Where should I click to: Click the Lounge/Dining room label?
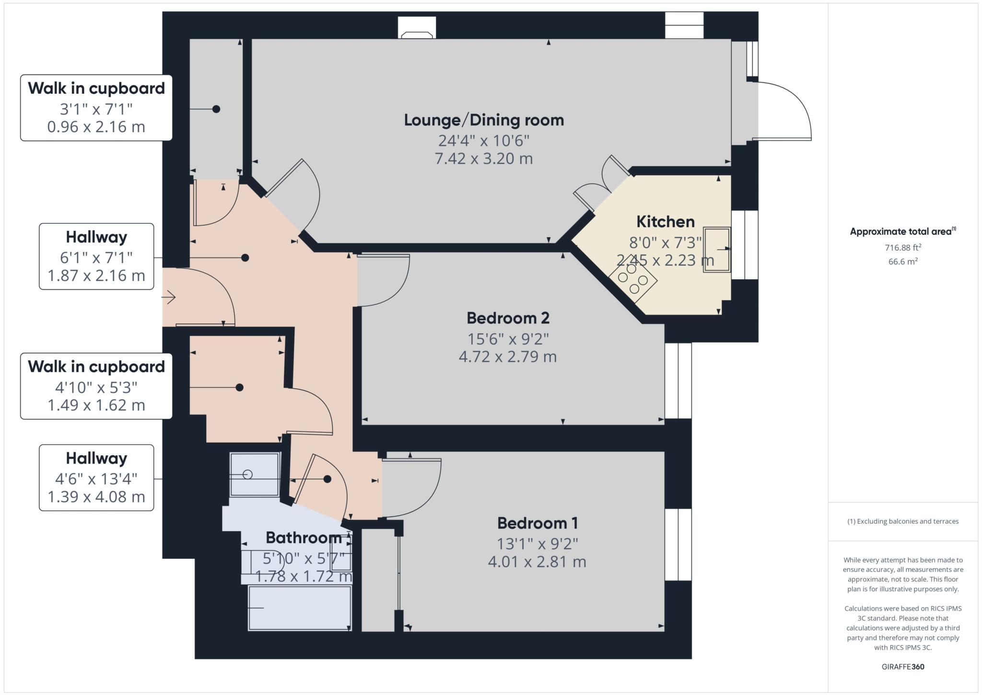pos(484,120)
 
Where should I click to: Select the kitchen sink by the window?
pos(717,250)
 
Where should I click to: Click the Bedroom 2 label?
pos(508,318)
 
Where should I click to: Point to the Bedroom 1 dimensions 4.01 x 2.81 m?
pos(537,562)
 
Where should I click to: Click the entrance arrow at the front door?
pos(169,298)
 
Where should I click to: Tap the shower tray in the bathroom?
pos(254,474)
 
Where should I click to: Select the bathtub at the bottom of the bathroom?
pos(300,608)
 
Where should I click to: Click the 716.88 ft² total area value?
pos(903,248)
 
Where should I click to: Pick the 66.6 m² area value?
pos(903,262)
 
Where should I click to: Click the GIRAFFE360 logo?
pos(903,667)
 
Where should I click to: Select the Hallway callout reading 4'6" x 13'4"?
pos(96,478)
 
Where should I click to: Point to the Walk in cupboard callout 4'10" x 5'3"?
pos(96,386)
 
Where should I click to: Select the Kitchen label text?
pos(665,222)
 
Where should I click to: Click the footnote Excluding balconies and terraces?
pos(903,521)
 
